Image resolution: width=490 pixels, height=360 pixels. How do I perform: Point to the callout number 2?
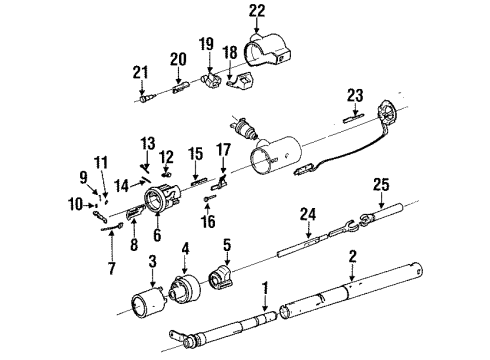coord(351,257)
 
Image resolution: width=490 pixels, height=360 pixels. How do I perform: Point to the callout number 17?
coord(223,150)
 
